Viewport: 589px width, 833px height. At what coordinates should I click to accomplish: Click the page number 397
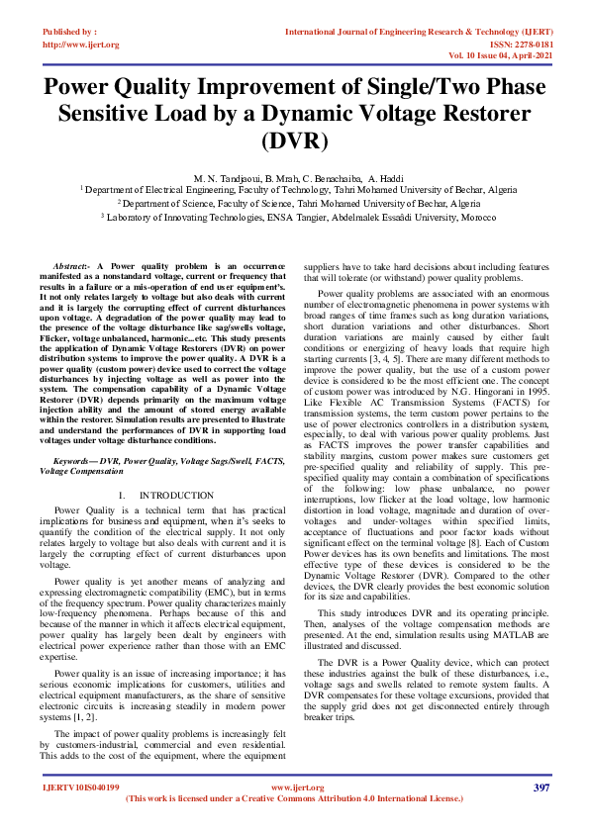[540, 787]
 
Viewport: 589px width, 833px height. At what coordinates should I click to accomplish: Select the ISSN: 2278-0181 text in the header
[521, 45]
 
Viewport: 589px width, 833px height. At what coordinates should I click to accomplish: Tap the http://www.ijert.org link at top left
[81, 45]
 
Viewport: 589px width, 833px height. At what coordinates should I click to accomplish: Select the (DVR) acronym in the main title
[294, 139]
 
